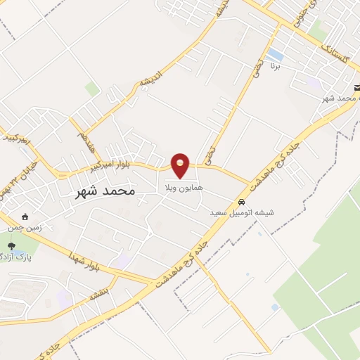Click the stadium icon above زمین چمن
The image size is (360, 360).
tap(26, 217)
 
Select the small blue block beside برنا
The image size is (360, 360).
tap(276, 54)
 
